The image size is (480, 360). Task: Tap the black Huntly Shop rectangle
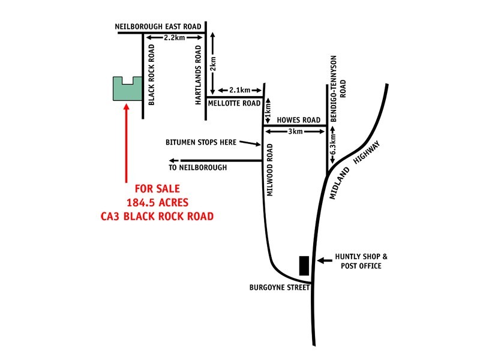(x=304, y=265)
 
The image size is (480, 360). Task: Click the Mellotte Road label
(x=234, y=103)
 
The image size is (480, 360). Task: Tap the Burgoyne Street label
(x=279, y=287)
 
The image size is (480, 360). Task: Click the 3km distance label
(x=295, y=131)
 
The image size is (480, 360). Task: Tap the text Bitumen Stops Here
(x=201, y=142)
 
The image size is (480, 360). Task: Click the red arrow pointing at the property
(x=126, y=144)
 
